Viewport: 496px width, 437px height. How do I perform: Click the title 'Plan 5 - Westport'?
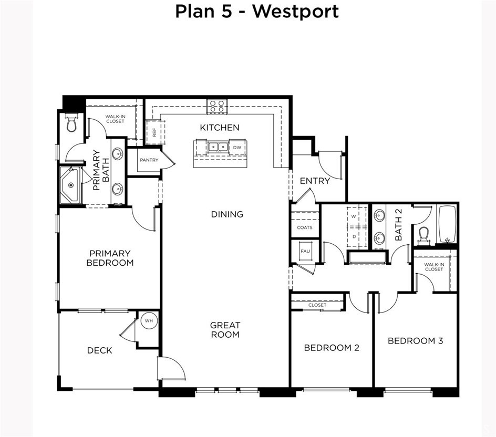pos(257,11)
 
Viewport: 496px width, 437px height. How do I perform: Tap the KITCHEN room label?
pos(220,128)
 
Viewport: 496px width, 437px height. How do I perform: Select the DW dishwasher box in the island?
pos(237,148)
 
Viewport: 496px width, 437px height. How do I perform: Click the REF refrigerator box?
pos(155,132)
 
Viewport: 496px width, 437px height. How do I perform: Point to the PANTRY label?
pos(149,160)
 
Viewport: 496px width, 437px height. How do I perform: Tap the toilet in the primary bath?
pos(72,123)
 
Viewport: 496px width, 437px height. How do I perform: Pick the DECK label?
pos(99,350)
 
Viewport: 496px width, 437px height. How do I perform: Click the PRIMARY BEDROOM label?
pos(110,258)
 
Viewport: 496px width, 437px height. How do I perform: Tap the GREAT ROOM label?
pos(225,330)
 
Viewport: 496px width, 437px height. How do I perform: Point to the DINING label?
pos(227,214)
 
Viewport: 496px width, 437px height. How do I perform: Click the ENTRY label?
pos(315,181)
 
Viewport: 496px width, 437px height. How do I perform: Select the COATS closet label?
pos(305,227)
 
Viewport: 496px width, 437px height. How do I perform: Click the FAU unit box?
pos(305,251)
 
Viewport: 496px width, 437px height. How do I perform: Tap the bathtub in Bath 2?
pos(447,224)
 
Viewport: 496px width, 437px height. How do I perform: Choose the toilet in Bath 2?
pos(424,235)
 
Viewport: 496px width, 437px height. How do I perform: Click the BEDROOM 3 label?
pos(415,341)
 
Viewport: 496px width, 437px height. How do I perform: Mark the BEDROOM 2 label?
pos(332,348)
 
